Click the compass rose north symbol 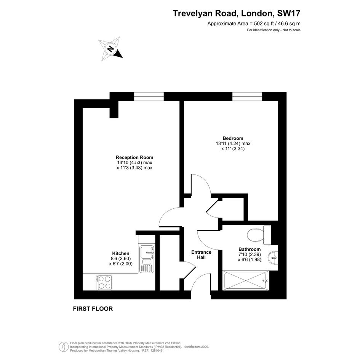tap(110, 49)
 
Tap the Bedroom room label tap(233, 138)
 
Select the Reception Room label tap(134, 157)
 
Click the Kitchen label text tap(121, 253)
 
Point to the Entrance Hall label tap(202, 254)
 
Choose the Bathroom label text tap(250, 249)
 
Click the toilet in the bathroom tap(259, 235)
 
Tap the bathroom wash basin tap(273, 258)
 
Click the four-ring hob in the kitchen tap(104, 282)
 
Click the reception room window tap(149, 96)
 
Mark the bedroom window tap(247, 96)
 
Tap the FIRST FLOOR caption tap(93, 309)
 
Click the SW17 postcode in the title tap(289, 13)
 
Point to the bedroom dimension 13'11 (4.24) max tap(233, 144)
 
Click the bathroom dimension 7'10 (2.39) tap(250, 254)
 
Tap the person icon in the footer tap(62, 346)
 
